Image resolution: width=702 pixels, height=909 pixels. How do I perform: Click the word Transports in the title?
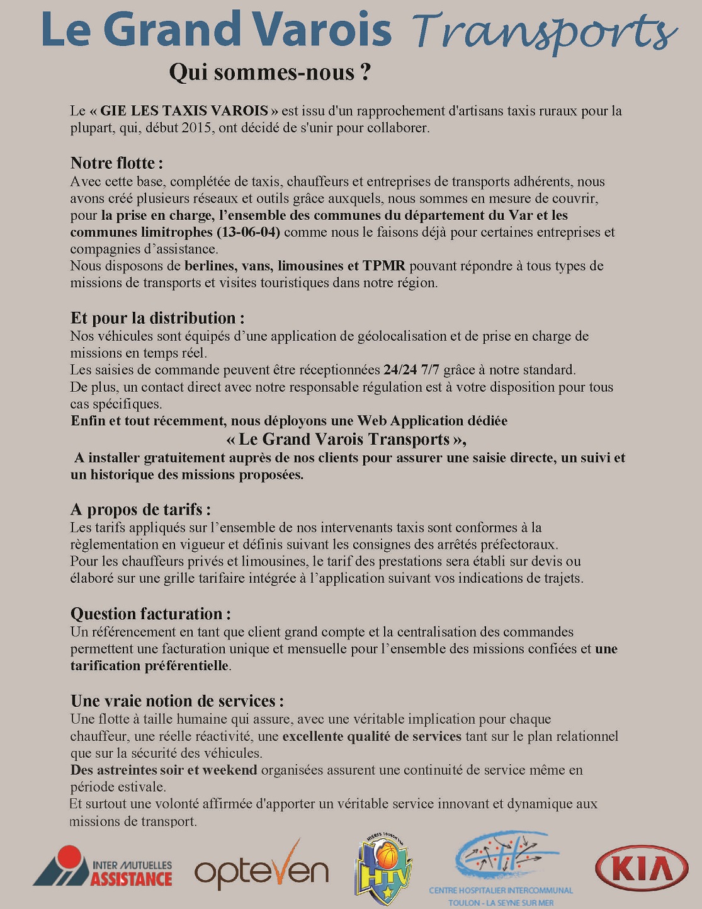[x=545, y=31]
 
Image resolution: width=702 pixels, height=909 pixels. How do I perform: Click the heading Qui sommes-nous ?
[x=269, y=72]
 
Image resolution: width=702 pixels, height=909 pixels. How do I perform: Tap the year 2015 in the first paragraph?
[x=198, y=128]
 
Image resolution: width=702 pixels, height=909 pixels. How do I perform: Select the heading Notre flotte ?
[x=116, y=163]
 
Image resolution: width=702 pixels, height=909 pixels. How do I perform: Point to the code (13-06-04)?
[x=248, y=232]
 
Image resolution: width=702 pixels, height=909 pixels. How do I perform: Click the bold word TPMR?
[x=384, y=266]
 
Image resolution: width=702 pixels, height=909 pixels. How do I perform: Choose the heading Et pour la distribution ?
[x=157, y=318]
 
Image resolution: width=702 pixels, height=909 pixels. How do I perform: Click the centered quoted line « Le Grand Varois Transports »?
[x=346, y=439]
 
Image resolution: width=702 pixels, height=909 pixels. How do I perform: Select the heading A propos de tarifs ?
[x=140, y=509]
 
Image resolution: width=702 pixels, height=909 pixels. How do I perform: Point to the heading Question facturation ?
[x=150, y=614]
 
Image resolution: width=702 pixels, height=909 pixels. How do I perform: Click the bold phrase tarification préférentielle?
[x=149, y=666]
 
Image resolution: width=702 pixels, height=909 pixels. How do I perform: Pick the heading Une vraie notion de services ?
[x=177, y=701]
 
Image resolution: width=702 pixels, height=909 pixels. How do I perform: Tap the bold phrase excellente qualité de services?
[x=371, y=736]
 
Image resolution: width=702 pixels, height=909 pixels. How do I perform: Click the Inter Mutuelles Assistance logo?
[x=103, y=867]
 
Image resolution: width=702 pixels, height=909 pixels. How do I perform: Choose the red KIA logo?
[x=642, y=868]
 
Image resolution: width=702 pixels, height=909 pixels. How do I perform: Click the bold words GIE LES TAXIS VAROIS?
[x=184, y=111]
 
